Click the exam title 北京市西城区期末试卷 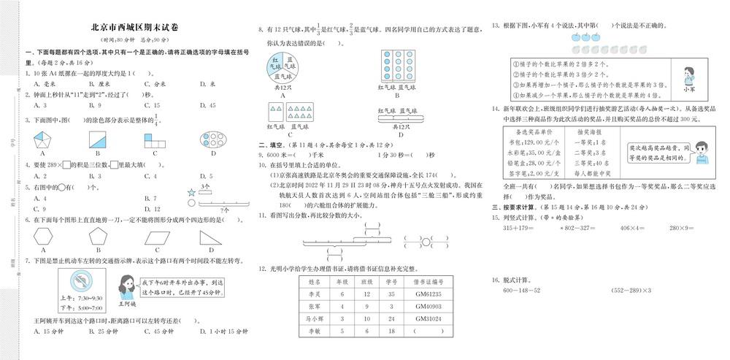pos(137,28)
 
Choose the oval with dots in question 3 pos(212,139)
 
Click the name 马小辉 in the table pos(315,318)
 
